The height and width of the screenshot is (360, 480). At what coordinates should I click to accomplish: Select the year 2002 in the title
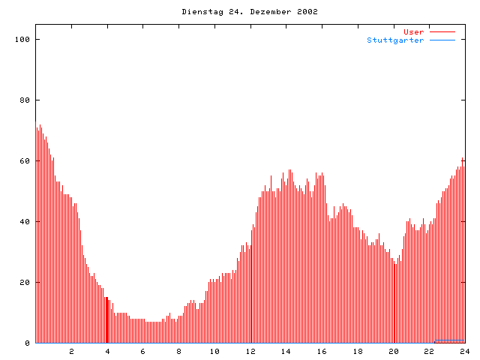[x=307, y=12]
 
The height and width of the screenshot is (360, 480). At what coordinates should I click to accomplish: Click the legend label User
[x=414, y=31]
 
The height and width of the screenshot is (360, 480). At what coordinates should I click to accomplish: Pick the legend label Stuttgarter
[x=395, y=40]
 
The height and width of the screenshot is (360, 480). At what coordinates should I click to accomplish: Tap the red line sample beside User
[x=442, y=31]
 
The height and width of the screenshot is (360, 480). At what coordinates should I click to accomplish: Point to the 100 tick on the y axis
[x=25, y=39]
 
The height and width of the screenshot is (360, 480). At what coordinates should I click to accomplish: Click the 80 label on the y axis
[x=27, y=100]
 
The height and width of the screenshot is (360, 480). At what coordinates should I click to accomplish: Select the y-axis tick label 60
[x=27, y=160]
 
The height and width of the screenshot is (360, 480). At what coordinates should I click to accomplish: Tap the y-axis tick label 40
[x=27, y=221]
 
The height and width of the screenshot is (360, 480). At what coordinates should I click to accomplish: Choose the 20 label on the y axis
[x=27, y=282]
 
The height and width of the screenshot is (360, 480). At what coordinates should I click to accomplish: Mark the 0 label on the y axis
[x=29, y=343]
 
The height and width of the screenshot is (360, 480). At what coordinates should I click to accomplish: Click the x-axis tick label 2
[x=72, y=351]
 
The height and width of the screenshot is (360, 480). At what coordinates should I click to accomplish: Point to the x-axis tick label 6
[x=143, y=351]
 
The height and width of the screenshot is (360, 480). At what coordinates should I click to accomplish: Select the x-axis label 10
[x=214, y=351]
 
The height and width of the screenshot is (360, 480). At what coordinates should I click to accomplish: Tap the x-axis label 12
[x=250, y=351]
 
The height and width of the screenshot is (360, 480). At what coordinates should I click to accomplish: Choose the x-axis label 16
[x=322, y=351]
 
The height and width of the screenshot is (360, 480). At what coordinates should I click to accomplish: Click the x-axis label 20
[x=393, y=351]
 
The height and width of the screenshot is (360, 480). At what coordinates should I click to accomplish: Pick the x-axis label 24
[x=464, y=351]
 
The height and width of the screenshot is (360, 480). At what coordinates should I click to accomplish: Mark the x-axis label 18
[x=358, y=351]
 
